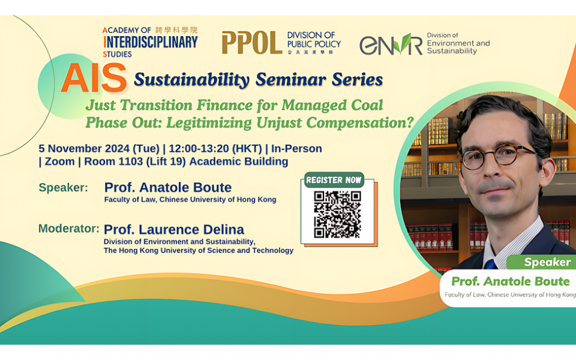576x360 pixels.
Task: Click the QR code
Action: click(x=338, y=214)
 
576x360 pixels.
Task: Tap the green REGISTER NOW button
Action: click(x=334, y=180)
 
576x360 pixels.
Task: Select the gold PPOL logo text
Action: click(x=251, y=43)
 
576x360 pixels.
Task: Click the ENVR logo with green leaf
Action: click(x=391, y=44)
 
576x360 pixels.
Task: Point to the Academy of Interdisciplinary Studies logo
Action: click(x=149, y=41)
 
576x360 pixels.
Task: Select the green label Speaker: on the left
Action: click(x=63, y=187)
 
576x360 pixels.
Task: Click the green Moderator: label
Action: click(x=68, y=229)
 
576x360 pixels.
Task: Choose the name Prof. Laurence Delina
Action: click(x=174, y=229)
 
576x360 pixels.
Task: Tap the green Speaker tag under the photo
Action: click(x=547, y=262)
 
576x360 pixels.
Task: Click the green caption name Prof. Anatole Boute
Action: click(x=510, y=281)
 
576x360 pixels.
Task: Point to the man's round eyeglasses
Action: click(x=497, y=158)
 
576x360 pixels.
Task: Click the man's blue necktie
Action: click(x=491, y=263)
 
